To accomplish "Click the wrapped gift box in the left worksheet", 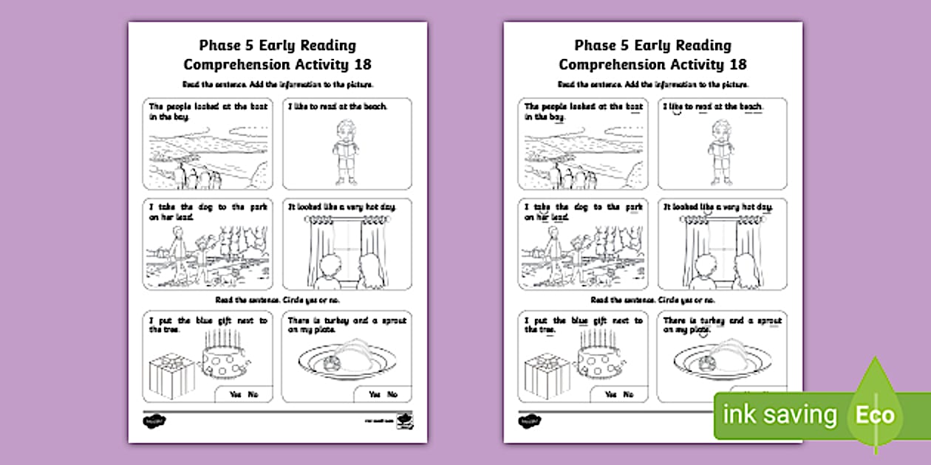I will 171,376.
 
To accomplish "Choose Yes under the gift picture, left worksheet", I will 235,395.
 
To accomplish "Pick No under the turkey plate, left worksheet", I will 392,395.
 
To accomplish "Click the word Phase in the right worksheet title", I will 596,46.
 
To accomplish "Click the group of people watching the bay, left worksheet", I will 194,177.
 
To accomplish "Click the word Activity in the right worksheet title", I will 689,64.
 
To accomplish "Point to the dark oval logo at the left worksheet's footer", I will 152,421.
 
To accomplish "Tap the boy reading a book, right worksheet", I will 722,151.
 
